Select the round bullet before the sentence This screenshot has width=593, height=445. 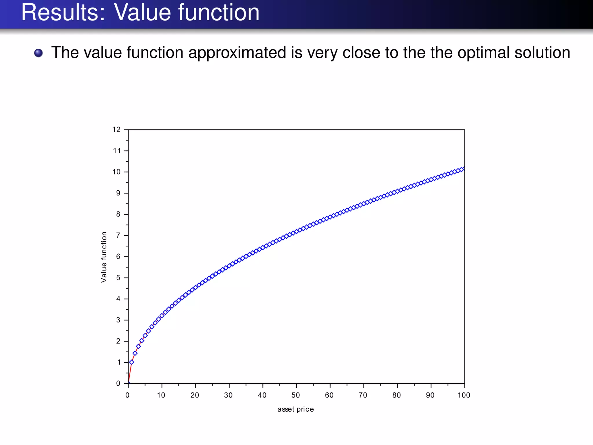pyautogui.click(x=39, y=53)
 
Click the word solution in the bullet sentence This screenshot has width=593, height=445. pyautogui.click(x=541, y=52)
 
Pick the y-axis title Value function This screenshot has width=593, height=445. pyautogui.click(x=104, y=257)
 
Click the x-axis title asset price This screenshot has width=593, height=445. pyautogui.click(x=295, y=409)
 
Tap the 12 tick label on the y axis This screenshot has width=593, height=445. pyautogui.click(x=116, y=130)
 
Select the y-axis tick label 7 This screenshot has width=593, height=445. pyautogui.click(x=118, y=235)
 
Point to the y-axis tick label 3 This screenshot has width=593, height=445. pyautogui.click(x=118, y=320)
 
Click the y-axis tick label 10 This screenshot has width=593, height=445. pyautogui.click(x=116, y=172)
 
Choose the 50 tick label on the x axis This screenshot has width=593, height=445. pyautogui.click(x=296, y=395)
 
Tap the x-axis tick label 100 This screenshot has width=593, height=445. pyautogui.click(x=464, y=395)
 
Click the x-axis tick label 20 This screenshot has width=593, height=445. pyautogui.click(x=195, y=395)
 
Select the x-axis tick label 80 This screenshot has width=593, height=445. pyautogui.click(x=396, y=395)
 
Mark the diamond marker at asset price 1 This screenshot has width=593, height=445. pyautogui.click(x=132, y=362)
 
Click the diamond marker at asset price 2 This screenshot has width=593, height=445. pyautogui.click(x=135, y=353)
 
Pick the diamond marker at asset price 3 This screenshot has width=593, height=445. pyautogui.click(x=138, y=346)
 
